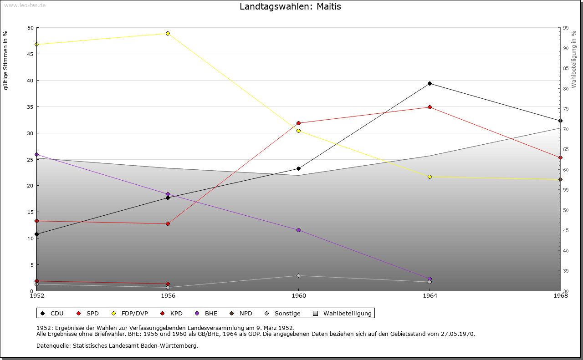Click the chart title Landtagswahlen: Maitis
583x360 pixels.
(290, 7)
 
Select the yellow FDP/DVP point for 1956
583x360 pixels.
(168, 33)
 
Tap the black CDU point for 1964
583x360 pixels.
(430, 83)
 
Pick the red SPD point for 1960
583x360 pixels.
(298, 123)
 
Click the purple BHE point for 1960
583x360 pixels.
(298, 230)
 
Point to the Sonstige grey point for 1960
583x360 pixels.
(298, 275)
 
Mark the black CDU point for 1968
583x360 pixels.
(560, 121)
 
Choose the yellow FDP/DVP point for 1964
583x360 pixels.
(430, 177)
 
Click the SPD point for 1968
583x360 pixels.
(560, 157)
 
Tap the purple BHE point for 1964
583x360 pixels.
(430, 279)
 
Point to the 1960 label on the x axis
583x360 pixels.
(298, 296)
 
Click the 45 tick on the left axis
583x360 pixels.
(30, 54)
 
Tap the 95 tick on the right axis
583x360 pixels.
(566, 28)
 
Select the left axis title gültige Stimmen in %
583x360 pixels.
(5, 60)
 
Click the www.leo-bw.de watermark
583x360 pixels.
(25, 5)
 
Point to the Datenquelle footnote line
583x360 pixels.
(117, 345)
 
